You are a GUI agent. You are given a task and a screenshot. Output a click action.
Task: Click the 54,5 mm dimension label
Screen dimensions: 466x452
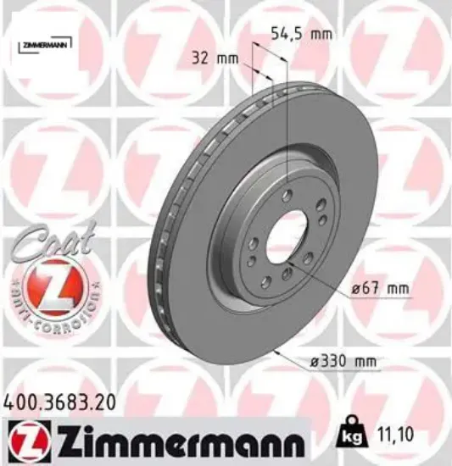click(299, 35)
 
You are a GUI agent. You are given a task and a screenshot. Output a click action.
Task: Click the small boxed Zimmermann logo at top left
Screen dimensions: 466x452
click(43, 42)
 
